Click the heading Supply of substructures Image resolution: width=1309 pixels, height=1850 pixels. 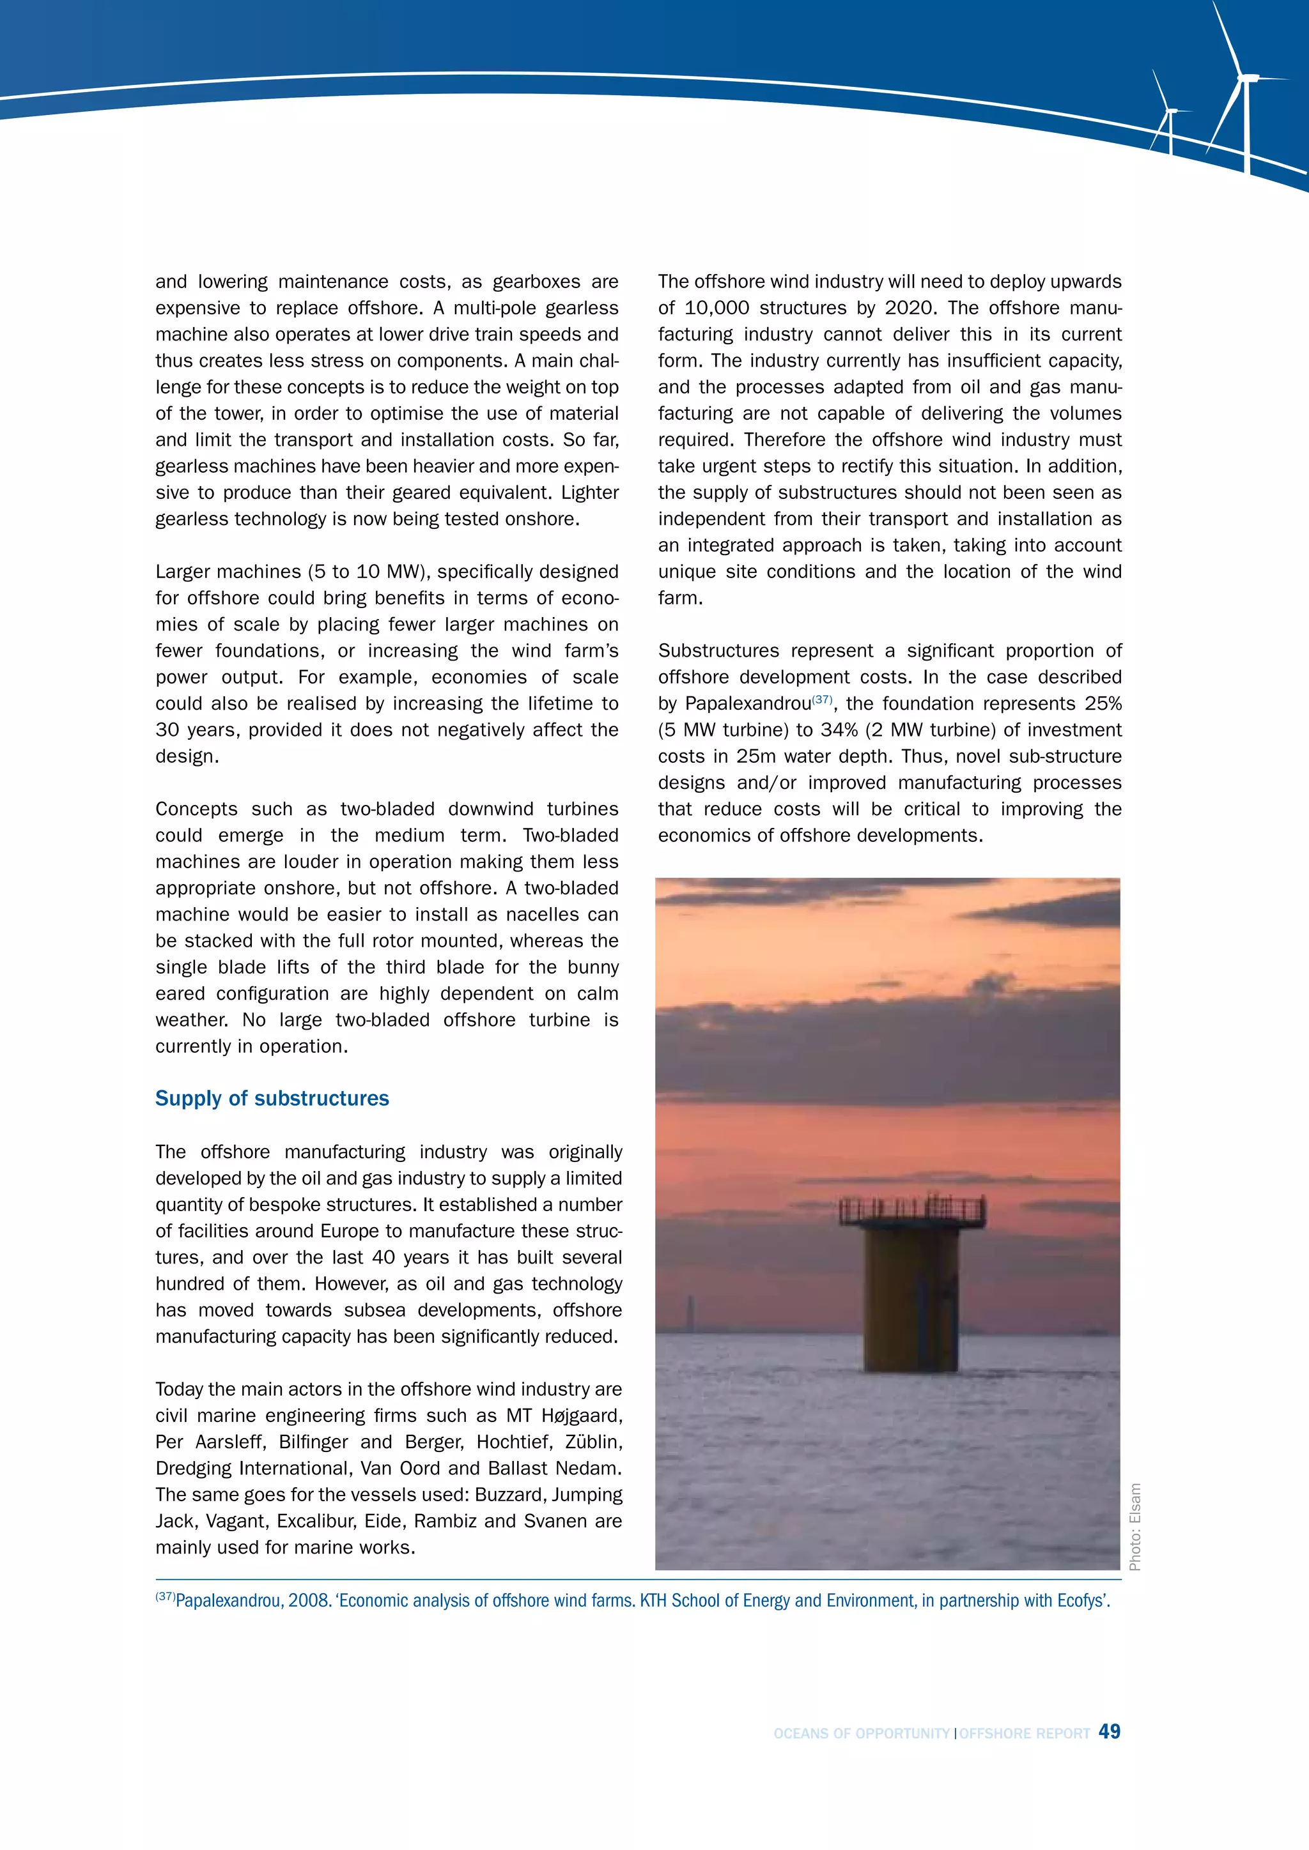click(x=272, y=1098)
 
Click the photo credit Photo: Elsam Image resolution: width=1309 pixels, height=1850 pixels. click(x=1135, y=1526)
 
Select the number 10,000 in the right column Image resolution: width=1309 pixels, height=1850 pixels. click(x=716, y=308)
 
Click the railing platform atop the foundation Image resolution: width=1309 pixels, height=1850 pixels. click(x=913, y=1211)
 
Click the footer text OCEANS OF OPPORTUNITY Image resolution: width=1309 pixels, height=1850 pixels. click(x=861, y=1733)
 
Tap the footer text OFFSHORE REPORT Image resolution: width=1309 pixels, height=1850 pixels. click(x=1024, y=1733)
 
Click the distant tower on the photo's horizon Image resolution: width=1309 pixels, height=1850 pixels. click(x=689, y=1314)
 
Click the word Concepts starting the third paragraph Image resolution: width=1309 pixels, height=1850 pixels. click(x=195, y=809)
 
